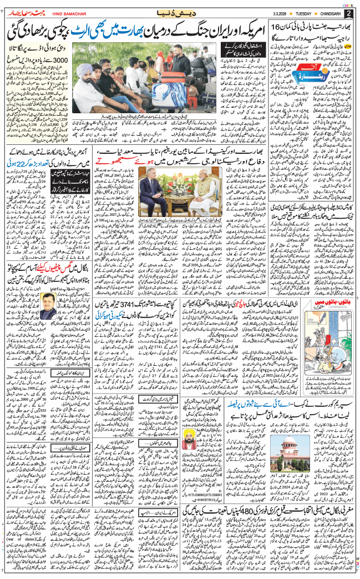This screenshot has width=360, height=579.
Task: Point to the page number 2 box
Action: pyautogui.click(x=348, y=13)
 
